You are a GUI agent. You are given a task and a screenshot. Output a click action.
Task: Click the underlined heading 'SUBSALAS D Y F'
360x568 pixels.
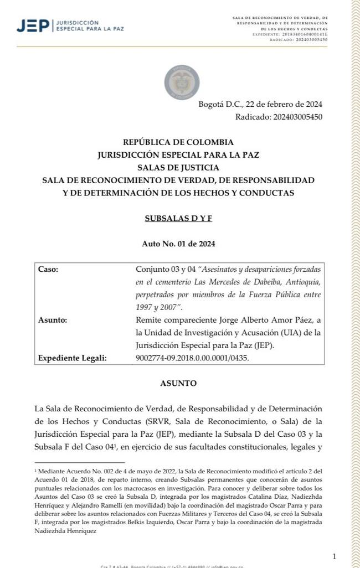point(178,218)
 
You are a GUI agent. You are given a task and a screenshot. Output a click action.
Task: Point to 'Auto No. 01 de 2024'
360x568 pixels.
point(178,244)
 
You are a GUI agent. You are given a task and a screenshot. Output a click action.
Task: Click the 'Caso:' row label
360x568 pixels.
point(48,270)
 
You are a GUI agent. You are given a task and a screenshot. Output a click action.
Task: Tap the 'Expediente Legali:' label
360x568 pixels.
point(71,358)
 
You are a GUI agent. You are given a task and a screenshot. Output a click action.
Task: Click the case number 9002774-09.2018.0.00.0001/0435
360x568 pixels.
point(192,358)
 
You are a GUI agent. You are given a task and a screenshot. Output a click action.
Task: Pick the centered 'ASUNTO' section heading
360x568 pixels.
point(178,383)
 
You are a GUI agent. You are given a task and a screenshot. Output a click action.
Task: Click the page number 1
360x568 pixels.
point(335,556)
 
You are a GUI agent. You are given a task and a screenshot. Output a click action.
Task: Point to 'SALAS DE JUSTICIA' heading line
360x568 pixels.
point(178,168)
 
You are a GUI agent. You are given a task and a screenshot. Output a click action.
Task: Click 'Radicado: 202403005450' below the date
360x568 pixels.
point(279,117)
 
